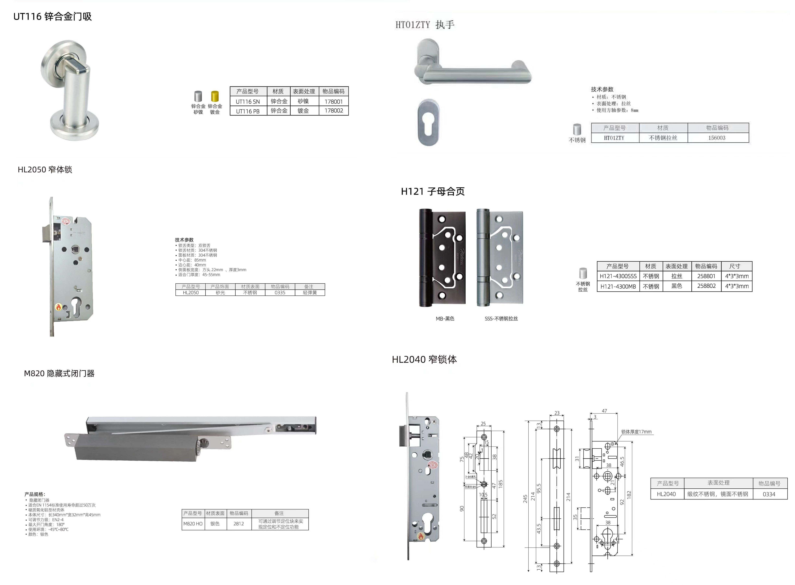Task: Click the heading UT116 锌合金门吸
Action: (52, 17)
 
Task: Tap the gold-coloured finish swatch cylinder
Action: (215, 96)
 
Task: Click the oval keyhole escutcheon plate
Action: (428, 122)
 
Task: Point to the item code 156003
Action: (717, 138)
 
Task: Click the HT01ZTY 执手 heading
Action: (425, 25)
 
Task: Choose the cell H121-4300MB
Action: (618, 286)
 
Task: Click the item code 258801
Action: (706, 276)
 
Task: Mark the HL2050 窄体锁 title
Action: (45, 170)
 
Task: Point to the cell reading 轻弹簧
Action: (310, 292)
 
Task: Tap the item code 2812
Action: (238, 523)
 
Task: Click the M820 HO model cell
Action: (193, 523)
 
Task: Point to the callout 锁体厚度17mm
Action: (636, 432)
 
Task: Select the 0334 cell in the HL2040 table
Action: (769, 494)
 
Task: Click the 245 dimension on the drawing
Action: (525, 499)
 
